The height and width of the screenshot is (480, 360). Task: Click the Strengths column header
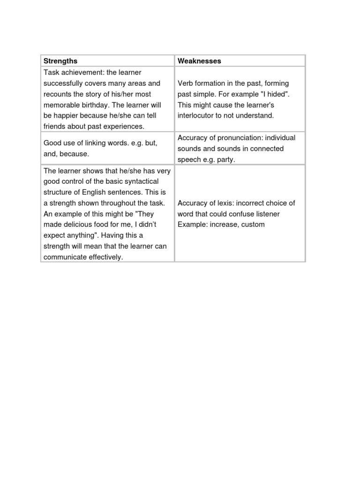pyautogui.click(x=60, y=61)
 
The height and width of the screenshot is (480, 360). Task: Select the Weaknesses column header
pyautogui.click(x=199, y=61)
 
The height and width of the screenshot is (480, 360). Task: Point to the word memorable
pyautogui.click(x=63, y=105)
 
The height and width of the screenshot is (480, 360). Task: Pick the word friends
pyautogui.click(x=54, y=126)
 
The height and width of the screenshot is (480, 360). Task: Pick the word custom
pyautogui.click(x=254, y=225)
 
